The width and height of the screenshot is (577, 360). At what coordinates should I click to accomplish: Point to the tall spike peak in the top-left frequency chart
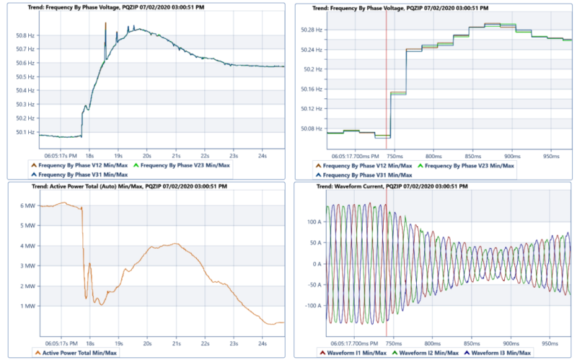click(105, 23)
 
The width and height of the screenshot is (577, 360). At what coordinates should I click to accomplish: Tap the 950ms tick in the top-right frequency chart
click(552, 155)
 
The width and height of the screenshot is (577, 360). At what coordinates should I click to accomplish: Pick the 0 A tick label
click(316, 264)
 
